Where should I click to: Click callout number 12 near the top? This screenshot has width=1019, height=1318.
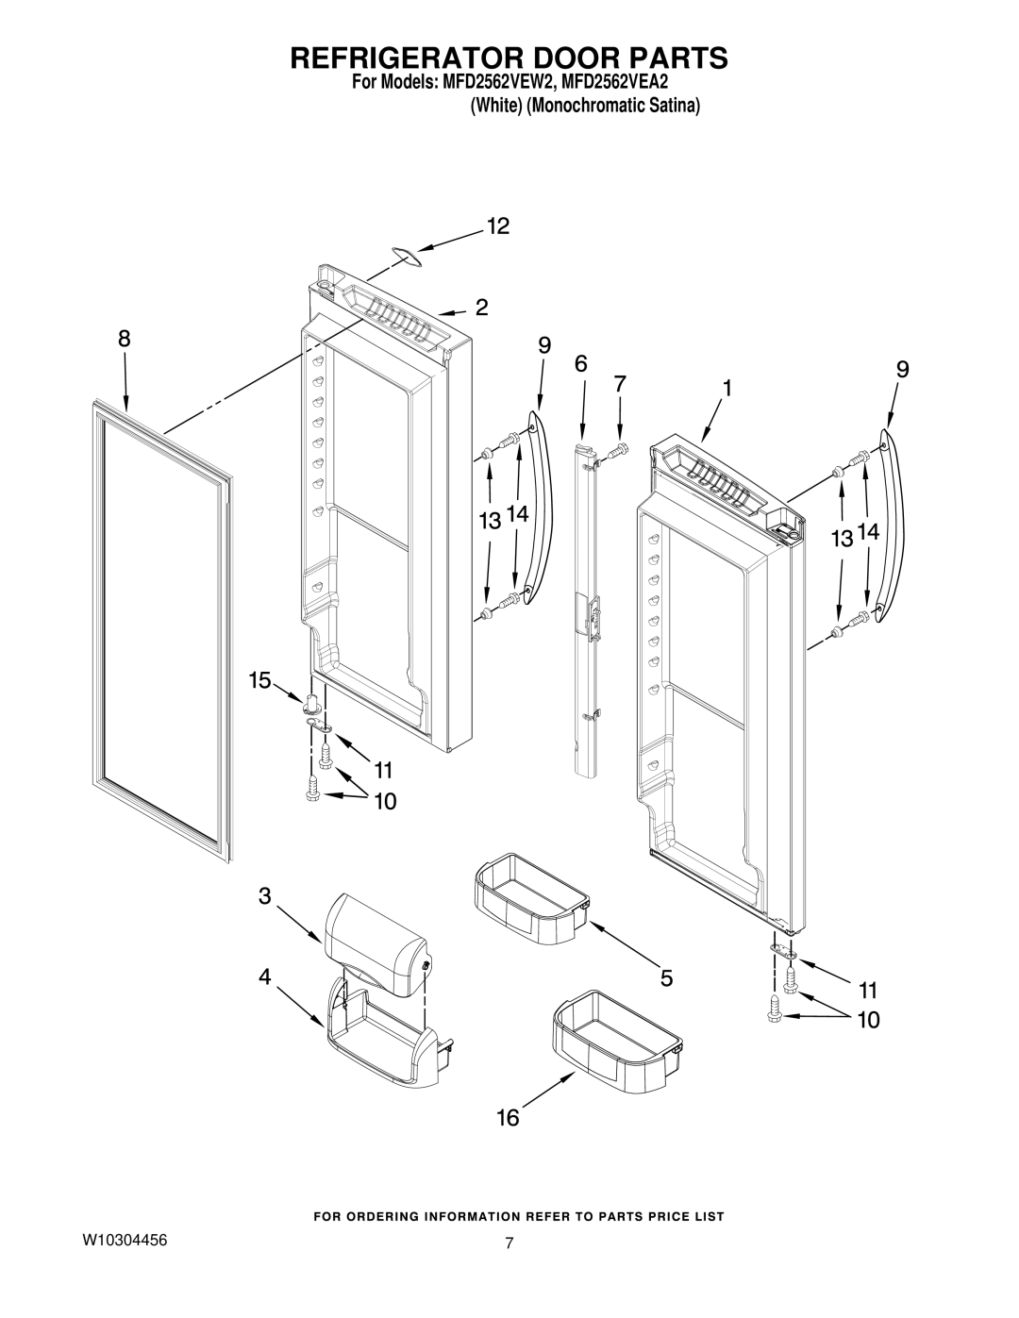point(498,226)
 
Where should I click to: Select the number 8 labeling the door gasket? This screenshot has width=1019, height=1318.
point(124,339)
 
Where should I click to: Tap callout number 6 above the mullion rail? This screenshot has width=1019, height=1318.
point(580,364)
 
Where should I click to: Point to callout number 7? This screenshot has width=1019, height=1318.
point(619,384)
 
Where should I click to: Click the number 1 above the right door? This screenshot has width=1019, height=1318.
point(727,388)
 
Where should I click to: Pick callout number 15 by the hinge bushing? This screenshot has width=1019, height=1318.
point(259,680)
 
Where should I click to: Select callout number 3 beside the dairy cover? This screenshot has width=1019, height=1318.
point(264,895)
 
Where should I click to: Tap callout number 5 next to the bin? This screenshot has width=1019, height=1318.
point(666,977)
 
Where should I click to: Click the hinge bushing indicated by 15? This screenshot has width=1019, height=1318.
point(312,705)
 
